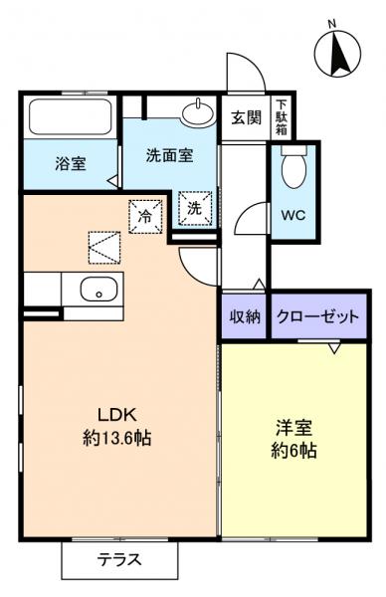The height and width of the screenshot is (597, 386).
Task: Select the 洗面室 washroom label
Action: [x=168, y=154]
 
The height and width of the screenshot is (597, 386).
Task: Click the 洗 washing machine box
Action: [x=195, y=210]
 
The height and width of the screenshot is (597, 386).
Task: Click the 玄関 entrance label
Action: [x=247, y=118]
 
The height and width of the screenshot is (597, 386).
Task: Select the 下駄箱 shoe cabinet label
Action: [x=282, y=117]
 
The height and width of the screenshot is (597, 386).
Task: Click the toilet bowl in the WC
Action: [x=293, y=170]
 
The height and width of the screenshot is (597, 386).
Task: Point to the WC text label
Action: [x=292, y=214]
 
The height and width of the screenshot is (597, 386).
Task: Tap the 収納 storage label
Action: [x=245, y=317]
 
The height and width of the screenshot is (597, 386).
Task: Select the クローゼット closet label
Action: [x=316, y=317]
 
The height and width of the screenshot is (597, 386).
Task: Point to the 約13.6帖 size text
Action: [x=116, y=438]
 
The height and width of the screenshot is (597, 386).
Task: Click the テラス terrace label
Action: [x=118, y=559]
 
